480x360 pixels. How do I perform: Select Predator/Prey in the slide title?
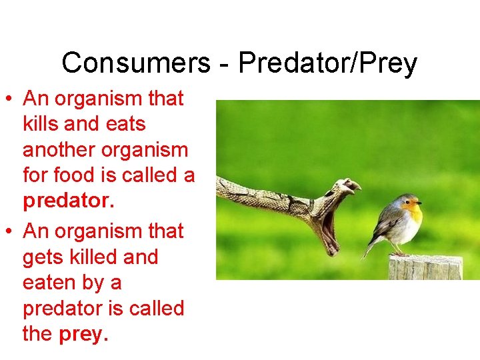(327, 64)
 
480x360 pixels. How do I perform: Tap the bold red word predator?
(66, 201)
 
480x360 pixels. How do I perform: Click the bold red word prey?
(83, 333)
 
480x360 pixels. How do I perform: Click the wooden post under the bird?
(425, 268)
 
